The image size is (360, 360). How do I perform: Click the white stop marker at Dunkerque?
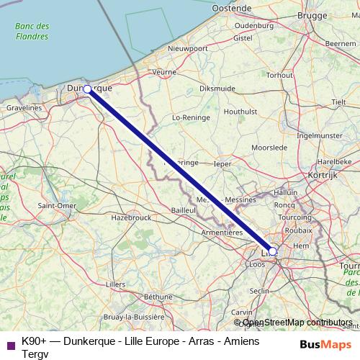point(87,89)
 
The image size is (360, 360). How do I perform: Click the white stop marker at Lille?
point(272,252)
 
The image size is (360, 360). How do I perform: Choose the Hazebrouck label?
point(130,216)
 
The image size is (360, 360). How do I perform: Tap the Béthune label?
point(158,296)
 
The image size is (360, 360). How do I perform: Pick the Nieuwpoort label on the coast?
point(187,48)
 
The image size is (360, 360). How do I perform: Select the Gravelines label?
point(25,107)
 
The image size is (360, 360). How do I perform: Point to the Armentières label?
point(221,233)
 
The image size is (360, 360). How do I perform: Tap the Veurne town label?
point(165,72)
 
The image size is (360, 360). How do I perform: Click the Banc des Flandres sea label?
point(32,31)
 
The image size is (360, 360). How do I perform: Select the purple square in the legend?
point(10,343)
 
